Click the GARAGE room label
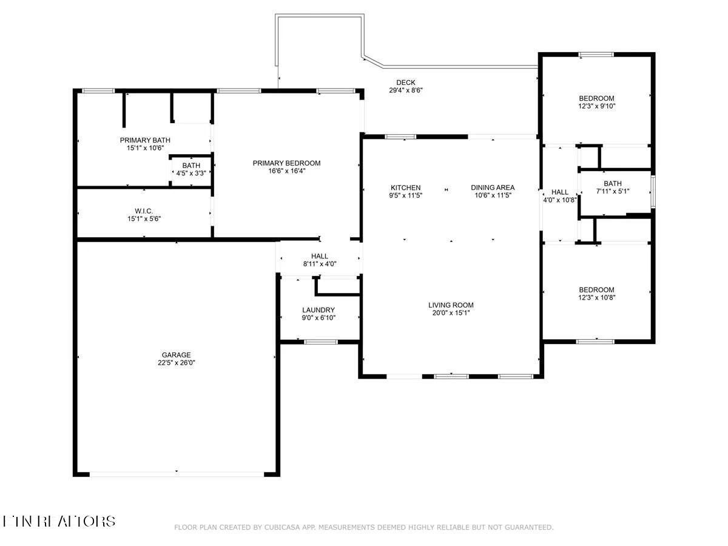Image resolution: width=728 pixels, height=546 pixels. [176, 355]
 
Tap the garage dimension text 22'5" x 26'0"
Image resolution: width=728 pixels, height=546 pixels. [176, 363]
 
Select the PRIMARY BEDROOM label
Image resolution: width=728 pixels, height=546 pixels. [286, 163]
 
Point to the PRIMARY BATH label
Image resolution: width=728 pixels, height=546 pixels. [145, 140]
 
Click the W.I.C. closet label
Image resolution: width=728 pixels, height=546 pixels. [144, 211]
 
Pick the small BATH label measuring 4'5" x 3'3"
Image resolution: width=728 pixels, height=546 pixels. [191, 166]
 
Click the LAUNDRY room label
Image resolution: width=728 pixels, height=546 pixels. [318, 310]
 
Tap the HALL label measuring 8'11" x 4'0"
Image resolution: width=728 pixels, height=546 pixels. [320, 256]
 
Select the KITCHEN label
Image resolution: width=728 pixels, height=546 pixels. [405, 187]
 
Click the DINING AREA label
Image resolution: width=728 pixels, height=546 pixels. [493, 187]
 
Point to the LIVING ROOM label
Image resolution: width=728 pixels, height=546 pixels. [451, 305]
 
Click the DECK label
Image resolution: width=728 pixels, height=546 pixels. [406, 83]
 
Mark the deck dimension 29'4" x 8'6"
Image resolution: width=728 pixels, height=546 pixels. [406, 90]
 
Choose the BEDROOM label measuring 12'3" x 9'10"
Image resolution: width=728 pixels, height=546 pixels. [596, 98]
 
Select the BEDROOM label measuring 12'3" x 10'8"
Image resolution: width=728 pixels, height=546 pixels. [596, 290]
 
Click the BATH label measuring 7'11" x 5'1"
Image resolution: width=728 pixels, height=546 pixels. [613, 184]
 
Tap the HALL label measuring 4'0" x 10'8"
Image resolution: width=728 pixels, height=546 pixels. [560, 192]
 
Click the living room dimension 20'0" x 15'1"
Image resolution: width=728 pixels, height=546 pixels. [451, 313]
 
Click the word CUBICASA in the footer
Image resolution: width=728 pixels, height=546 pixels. [282, 528]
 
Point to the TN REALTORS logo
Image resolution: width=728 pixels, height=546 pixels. [59, 521]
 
